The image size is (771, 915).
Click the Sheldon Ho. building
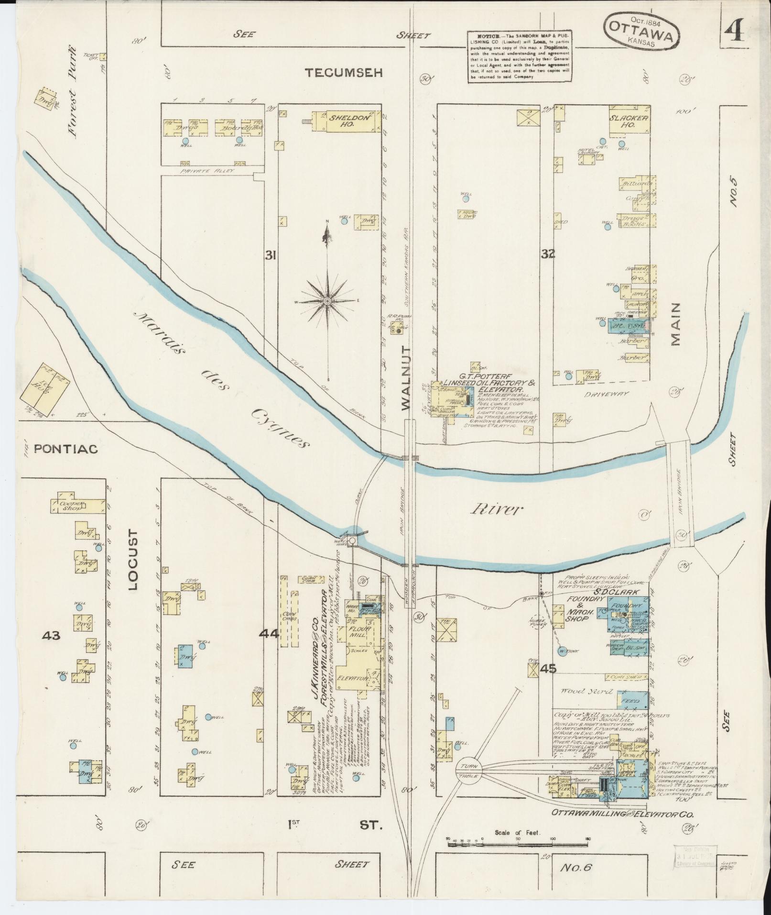point(347,120)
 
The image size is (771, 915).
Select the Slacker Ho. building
point(629,121)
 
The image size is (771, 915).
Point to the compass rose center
point(327,300)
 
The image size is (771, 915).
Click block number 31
point(271,255)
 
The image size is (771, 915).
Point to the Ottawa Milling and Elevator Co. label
point(622,813)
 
